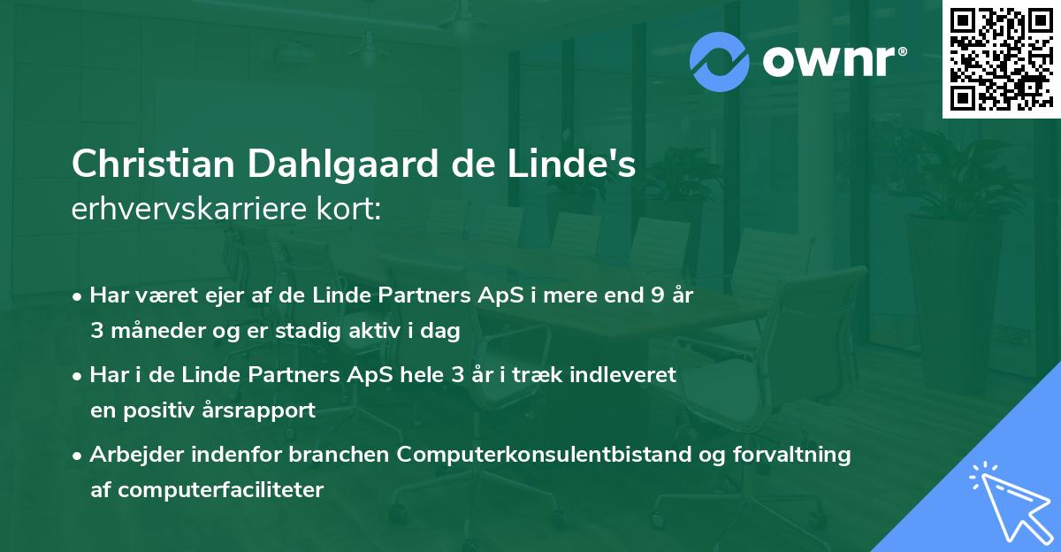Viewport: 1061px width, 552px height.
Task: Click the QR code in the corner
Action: coord(1000,58)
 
